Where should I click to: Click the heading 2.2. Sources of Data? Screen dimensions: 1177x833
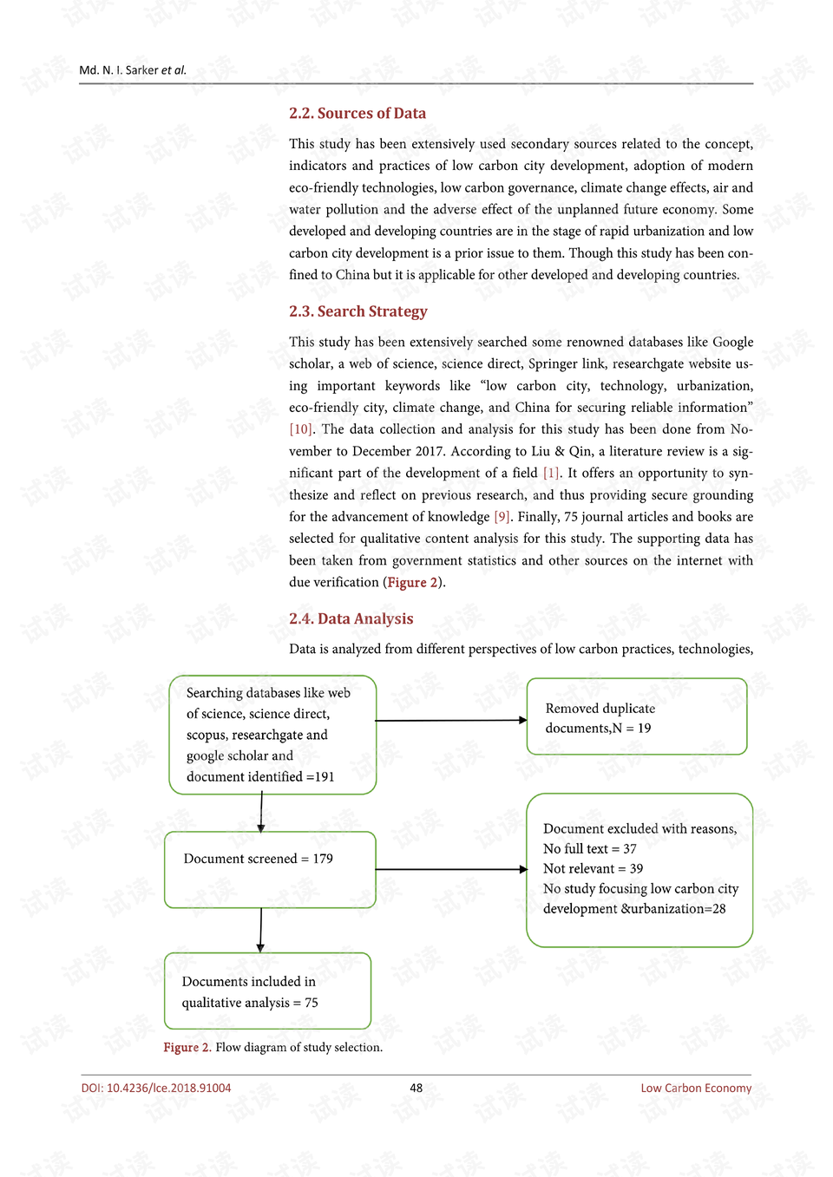coord(357,114)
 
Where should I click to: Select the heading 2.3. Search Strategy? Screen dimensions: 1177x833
coord(358,311)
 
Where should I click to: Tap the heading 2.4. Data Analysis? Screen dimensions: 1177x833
coord(351,618)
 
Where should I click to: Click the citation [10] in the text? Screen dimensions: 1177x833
coord(301,429)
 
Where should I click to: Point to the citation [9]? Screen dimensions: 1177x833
coord(502,517)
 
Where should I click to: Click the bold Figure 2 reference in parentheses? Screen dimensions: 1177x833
coord(412,583)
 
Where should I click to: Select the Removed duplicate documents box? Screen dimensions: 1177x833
coord(637,716)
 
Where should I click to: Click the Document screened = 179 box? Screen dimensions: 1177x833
coord(270,869)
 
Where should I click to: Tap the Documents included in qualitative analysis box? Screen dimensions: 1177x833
coord(267,991)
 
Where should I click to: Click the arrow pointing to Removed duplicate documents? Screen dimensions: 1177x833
coord(450,720)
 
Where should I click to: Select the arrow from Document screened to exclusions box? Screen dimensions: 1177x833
coord(450,869)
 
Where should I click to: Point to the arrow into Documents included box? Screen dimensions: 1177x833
coord(260,930)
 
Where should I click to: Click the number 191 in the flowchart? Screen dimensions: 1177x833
coord(325,777)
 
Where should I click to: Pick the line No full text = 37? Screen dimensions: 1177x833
coord(590,849)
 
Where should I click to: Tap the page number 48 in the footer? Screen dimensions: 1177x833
coord(416,1089)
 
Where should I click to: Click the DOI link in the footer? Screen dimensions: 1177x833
coord(156,1089)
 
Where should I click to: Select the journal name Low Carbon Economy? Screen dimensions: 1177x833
coord(696,1089)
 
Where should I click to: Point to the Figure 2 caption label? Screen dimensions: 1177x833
coord(187,1048)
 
